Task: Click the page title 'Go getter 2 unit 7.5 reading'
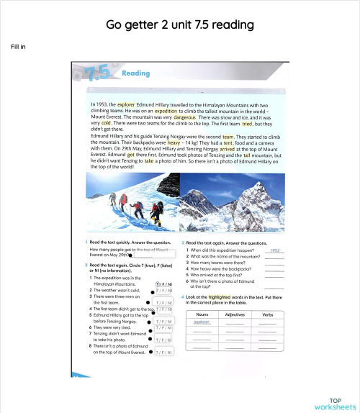tap(179, 24)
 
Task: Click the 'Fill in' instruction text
tap(19, 47)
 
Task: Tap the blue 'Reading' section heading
tap(136, 73)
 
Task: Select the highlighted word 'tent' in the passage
tap(228, 142)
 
